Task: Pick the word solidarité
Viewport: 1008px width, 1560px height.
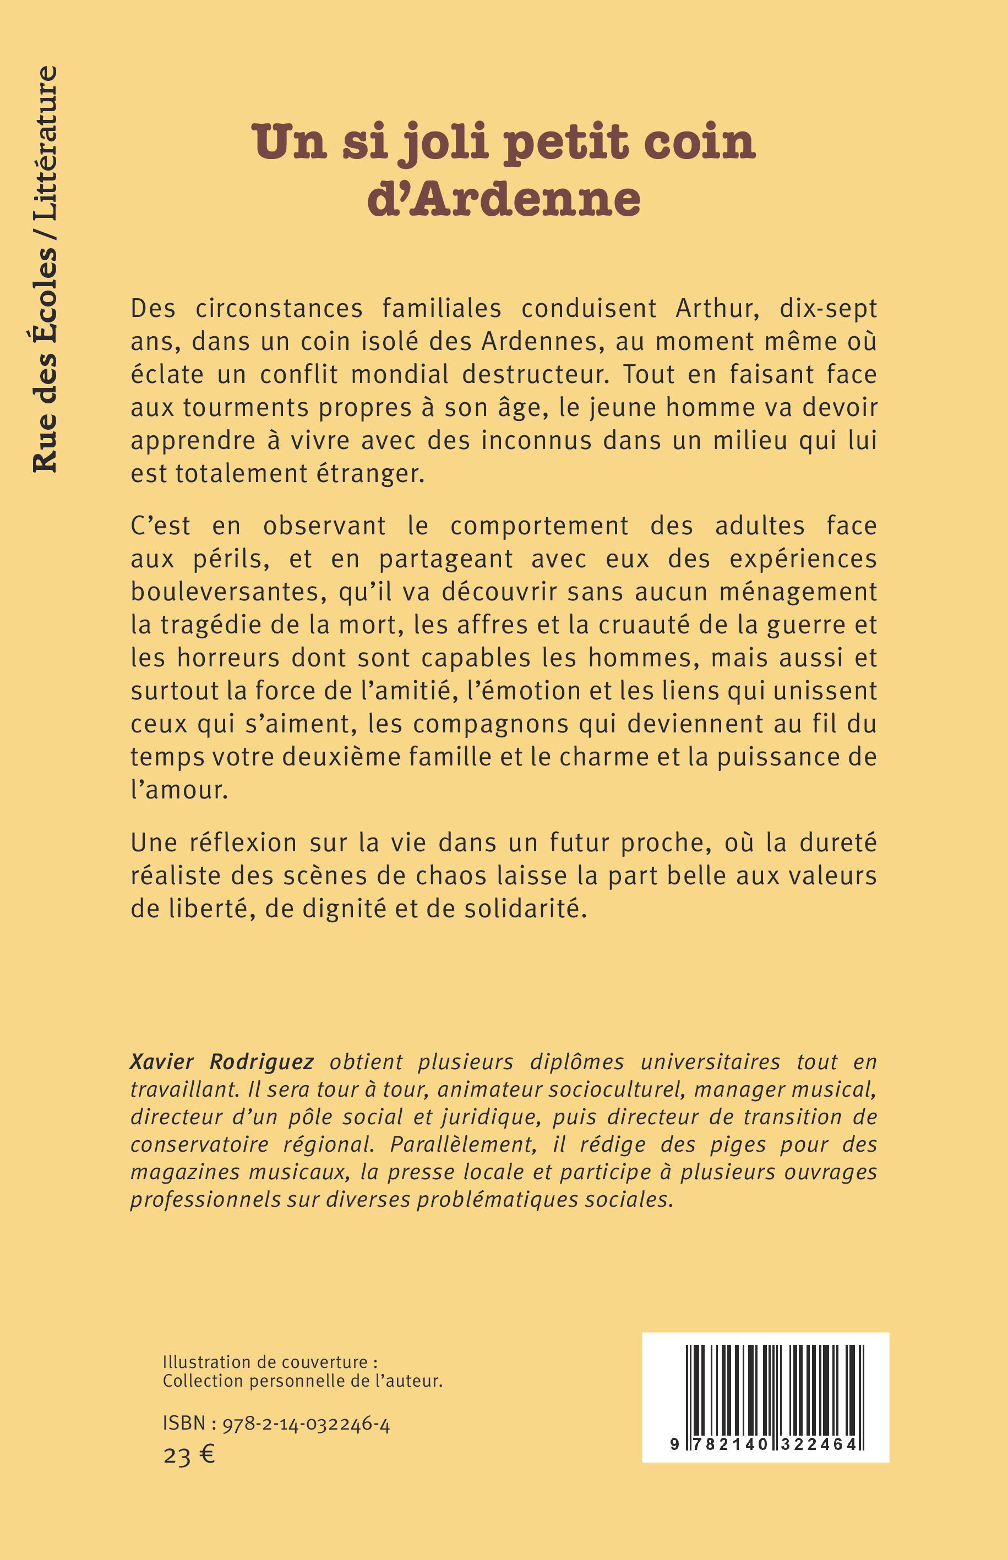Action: [532, 909]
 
